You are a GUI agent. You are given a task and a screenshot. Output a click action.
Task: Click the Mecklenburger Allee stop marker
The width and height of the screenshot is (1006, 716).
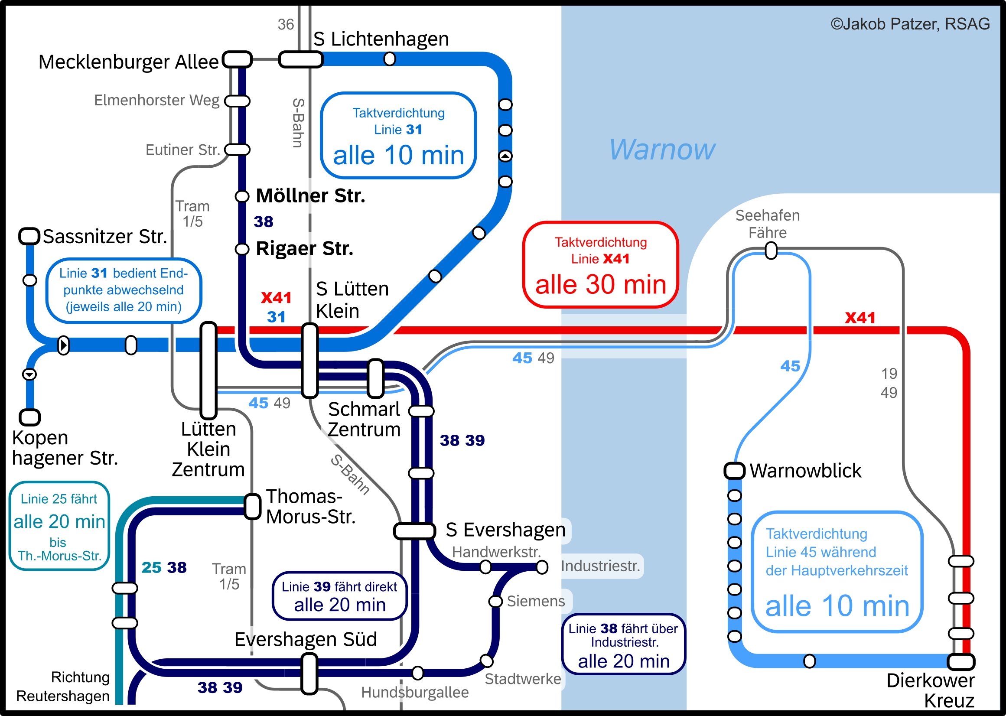[x=237, y=59]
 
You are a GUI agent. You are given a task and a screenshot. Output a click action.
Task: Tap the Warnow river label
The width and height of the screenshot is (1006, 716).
[x=662, y=150]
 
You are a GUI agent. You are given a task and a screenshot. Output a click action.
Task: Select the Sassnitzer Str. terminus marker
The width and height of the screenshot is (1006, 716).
[x=29, y=236]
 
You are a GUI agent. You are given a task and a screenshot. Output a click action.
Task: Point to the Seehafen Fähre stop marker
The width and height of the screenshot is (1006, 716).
[x=771, y=251]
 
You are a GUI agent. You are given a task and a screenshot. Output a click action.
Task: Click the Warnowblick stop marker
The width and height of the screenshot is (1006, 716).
[x=734, y=470]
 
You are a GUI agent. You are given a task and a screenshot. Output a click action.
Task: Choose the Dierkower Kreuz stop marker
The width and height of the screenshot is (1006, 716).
[x=961, y=661]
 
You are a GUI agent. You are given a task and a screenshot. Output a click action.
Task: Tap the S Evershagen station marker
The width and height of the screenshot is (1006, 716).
[x=414, y=531]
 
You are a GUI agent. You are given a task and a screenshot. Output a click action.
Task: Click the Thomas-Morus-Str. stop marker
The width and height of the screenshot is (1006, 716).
[x=253, y=507]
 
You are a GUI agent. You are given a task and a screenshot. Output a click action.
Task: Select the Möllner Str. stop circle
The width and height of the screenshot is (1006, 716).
[x=241, y=196]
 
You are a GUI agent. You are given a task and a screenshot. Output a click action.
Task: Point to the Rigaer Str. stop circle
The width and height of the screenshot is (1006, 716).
[x=241, y=249]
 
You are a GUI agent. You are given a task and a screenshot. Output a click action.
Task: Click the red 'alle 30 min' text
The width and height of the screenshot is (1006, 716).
[x=600, y=284]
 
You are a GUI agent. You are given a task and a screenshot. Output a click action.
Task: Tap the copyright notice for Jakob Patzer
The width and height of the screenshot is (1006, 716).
[x=910, y=24]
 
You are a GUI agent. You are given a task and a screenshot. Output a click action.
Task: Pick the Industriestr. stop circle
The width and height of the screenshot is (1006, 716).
[x=542, y=567]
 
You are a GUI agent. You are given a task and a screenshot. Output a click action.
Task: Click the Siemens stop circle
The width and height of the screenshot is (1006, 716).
[x=495, y=602]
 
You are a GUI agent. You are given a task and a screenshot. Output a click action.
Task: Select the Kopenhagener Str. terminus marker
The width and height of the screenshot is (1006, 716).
[x=29, y=417]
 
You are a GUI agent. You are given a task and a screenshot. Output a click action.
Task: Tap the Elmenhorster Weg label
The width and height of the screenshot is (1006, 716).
[x=156, y=100]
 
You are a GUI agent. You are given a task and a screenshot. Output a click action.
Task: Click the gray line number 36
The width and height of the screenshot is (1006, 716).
[x=286, y=24]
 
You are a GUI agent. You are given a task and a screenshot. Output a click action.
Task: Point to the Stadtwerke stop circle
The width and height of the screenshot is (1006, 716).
[x=487, y=661]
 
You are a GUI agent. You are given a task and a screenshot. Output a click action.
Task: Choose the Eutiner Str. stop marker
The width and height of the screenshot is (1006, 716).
[x=237, y=150]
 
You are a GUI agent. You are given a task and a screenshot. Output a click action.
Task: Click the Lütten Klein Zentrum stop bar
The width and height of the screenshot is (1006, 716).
[x=208, y=370]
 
